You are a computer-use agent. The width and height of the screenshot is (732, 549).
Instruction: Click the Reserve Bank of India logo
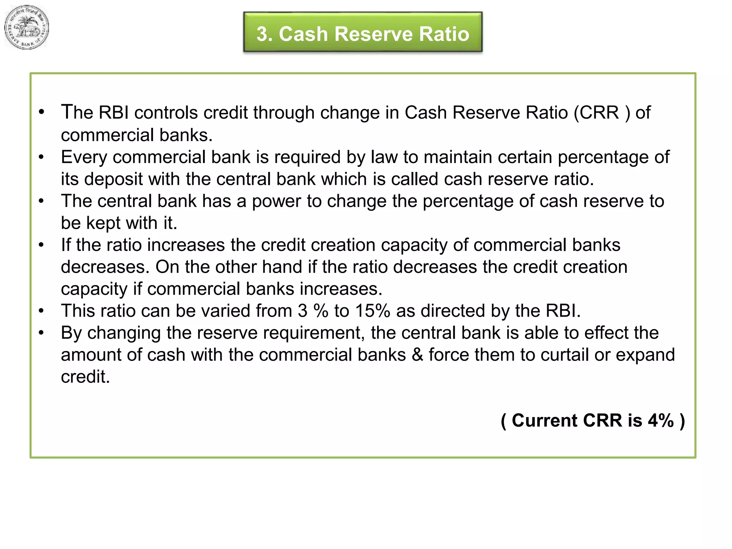pos(26,28)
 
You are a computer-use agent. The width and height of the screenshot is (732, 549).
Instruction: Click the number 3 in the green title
pos(262,34)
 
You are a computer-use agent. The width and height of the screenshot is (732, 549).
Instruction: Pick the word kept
pos(103,223)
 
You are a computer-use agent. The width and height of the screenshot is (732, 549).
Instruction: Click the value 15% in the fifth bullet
pos(372,311)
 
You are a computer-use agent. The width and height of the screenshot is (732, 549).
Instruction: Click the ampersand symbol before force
pos(417,355)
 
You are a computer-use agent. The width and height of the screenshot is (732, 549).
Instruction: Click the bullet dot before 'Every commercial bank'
pos(41,157)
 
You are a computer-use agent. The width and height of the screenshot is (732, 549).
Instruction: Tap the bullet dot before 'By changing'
pos(41,333)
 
